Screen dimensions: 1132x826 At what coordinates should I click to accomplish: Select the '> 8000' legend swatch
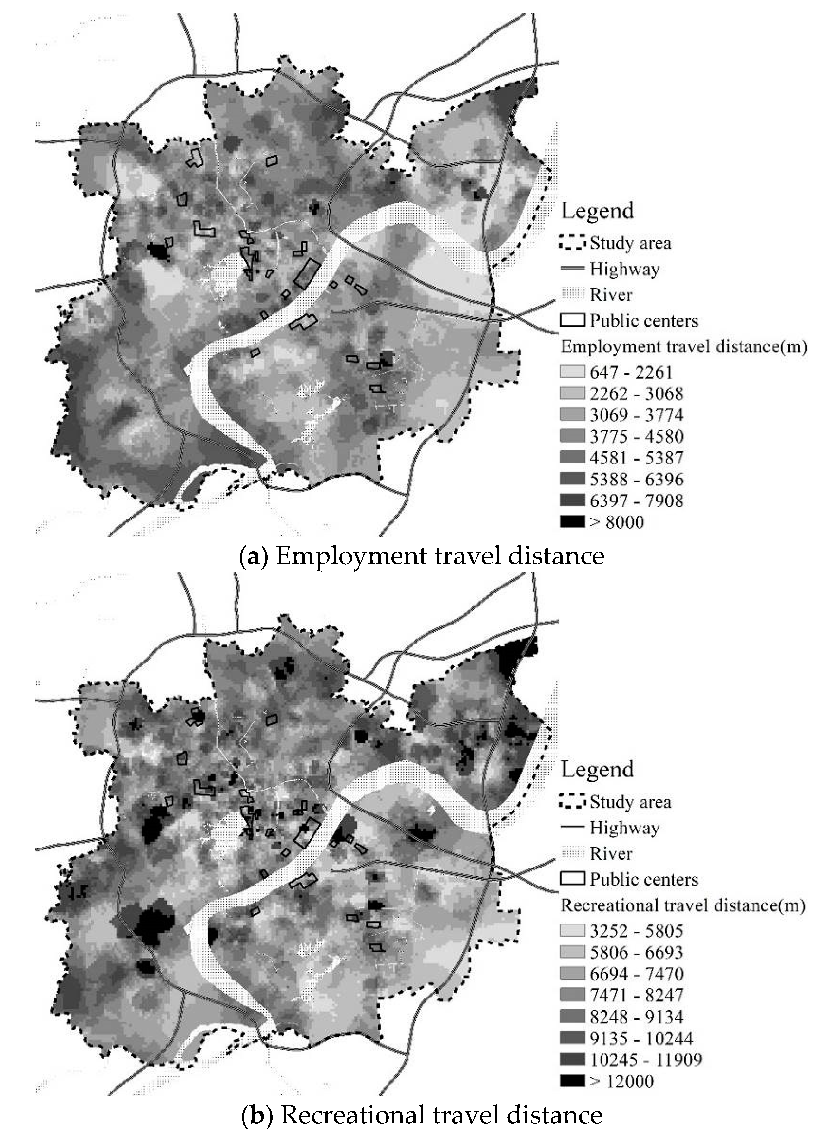(572, 522)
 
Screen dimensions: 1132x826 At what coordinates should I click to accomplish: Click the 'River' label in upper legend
(611, 295)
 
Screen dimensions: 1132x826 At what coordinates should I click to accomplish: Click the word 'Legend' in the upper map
(597, 210)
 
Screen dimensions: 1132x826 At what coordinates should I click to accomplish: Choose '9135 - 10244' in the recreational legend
(641, 1039)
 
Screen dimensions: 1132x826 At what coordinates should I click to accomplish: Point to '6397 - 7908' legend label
(636, 501)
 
